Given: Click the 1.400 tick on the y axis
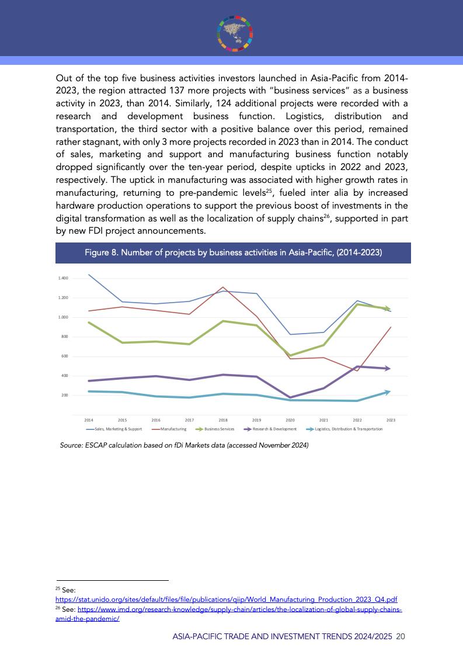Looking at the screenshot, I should (63, 278).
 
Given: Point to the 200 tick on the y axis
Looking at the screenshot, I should (64, 396).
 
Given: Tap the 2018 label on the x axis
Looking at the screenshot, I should (223, 420).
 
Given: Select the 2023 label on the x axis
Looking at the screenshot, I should (391, 420).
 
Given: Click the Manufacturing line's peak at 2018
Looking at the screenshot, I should (223, 287).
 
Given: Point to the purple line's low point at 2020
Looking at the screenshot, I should (290, 398).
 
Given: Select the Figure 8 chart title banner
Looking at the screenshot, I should (233, 253).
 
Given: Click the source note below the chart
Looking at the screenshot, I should (184, 446).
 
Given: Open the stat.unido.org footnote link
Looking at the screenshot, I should (227, 599).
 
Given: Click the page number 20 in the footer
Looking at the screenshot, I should (400, 637).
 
